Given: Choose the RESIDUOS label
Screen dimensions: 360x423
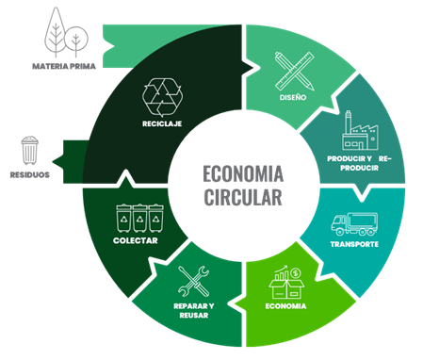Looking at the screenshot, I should point(29,174).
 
